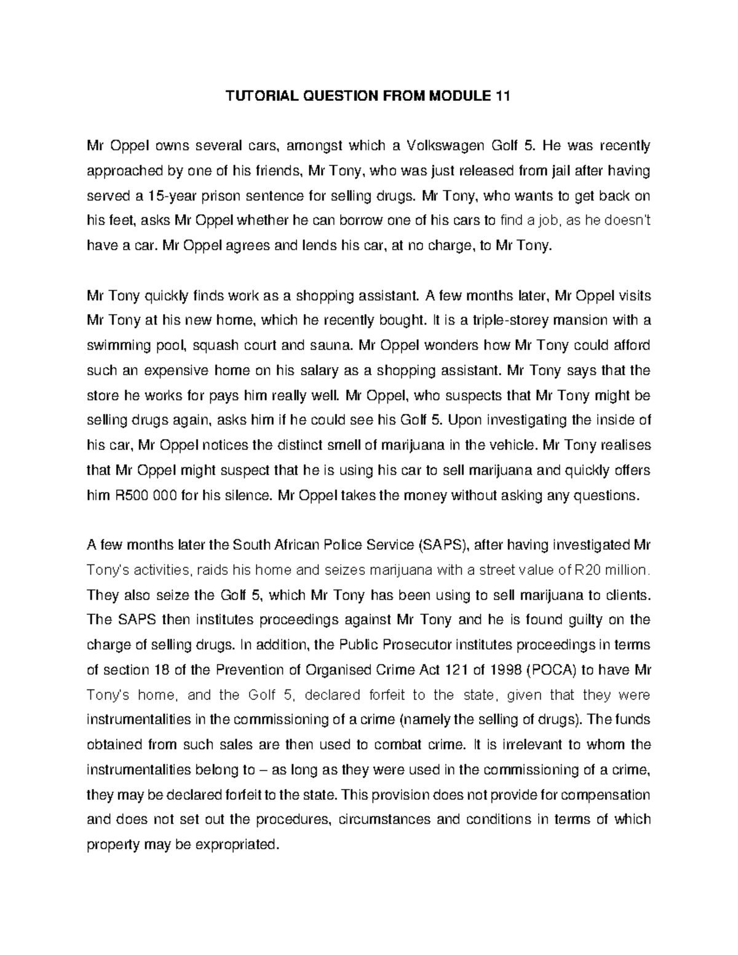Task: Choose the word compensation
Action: click(604, 795)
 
